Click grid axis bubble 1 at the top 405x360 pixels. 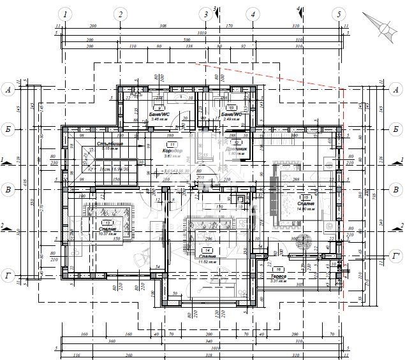tap(64, 14)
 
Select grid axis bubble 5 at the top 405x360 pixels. tap(339, 14)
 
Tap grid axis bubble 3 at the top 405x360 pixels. tap(204, 14)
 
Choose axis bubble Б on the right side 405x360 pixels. tap(396, 129)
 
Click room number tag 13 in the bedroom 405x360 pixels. tap(107, 222)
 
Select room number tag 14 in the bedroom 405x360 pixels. tap(207, 250)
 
